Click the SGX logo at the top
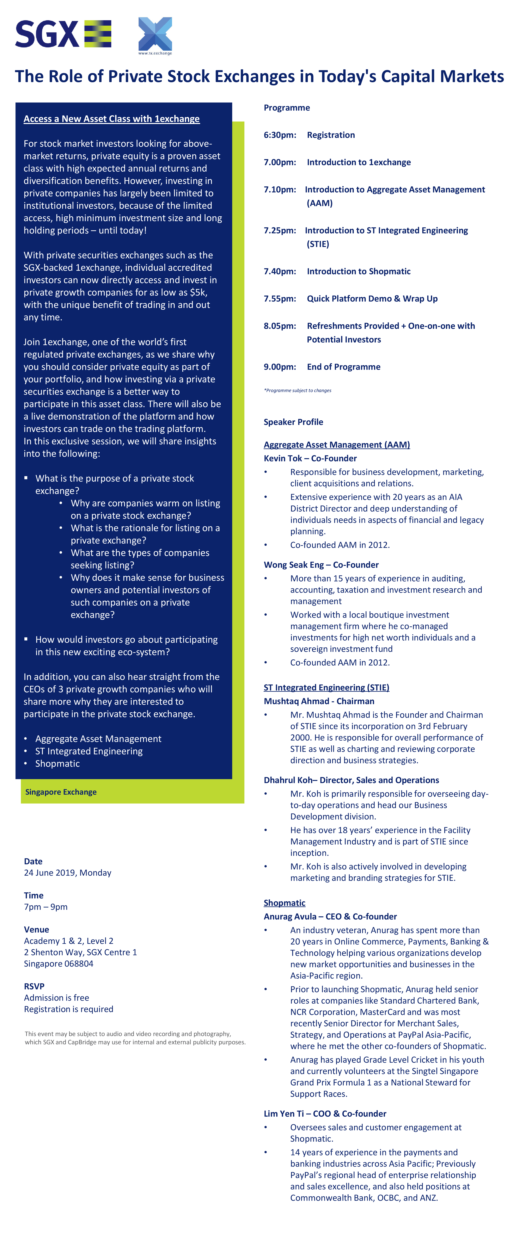tap(63, 34)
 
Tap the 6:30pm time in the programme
tap(279, 135)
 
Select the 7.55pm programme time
tap(279, 298)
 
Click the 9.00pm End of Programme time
tap(279, 367)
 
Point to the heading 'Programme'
tap(287, 108)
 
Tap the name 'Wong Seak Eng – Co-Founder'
tap(321, 565)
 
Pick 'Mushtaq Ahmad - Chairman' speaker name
tap(318, 701)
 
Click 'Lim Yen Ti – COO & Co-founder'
tap(325, 1113)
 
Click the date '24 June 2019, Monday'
tap(67, 873)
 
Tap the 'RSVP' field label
tap(34, 986)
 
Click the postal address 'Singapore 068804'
tap(58, 964)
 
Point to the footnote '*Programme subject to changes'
tap(297, 390)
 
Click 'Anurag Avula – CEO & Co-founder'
tap(330, 917)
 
